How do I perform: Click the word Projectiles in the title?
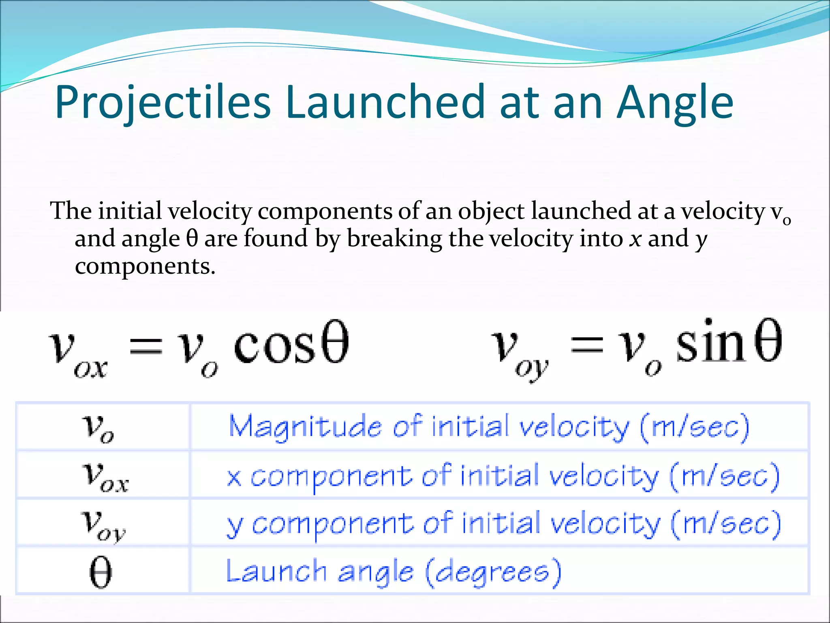click(162, 102)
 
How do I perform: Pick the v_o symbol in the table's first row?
click(98, 428)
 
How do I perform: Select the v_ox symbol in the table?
click(105, 477)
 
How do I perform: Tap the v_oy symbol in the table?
click(103, 525)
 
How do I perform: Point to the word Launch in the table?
click(276, 571)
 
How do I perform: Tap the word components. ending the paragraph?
click(145, 267)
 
